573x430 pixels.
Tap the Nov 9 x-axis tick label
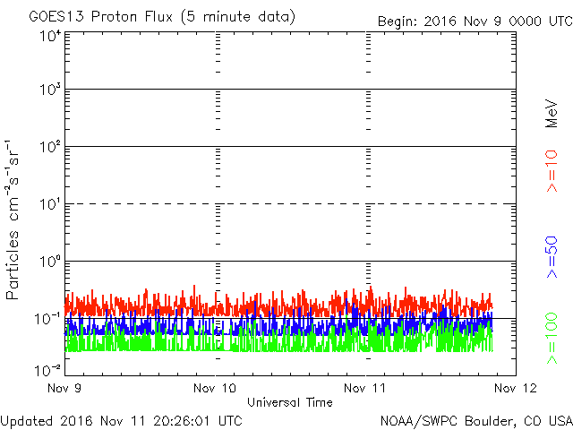tap(64, 388)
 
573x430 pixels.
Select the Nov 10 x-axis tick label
tap(215, 388)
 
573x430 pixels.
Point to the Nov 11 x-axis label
tap(364, 388)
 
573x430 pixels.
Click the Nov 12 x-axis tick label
tap(516, 388)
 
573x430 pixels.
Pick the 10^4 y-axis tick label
tap(50, 37)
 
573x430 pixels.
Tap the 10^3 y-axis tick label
tap(50, 89)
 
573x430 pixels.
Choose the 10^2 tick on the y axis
tap(50, 146)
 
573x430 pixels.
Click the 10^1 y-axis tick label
tap(50, 203)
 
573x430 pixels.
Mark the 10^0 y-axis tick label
tap(50, 261)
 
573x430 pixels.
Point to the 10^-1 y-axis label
tap(47, 319)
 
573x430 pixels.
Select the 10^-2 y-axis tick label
tap(47, 370)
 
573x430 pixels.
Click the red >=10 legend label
tap(552, 171)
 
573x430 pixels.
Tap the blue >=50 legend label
tap(552, 257)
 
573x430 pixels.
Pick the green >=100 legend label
tap(552, 339)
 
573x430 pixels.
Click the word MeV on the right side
tap(552, 114)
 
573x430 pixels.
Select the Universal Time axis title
tap(290, 402)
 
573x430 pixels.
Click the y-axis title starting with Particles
tap(12, 219)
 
